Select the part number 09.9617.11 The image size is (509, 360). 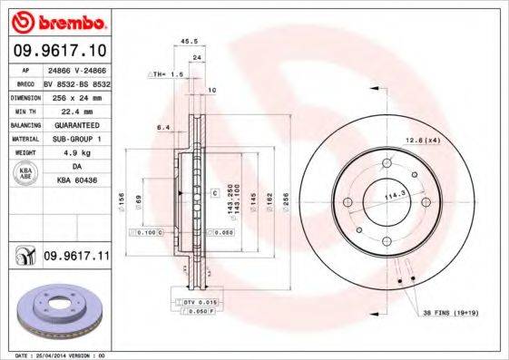pos(77,258)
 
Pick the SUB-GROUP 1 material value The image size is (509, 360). pos(75,138)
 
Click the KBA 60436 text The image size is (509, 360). pos(76,181)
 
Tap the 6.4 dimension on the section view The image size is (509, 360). pos(163,127)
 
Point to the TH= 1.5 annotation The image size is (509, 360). pos(167,73)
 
